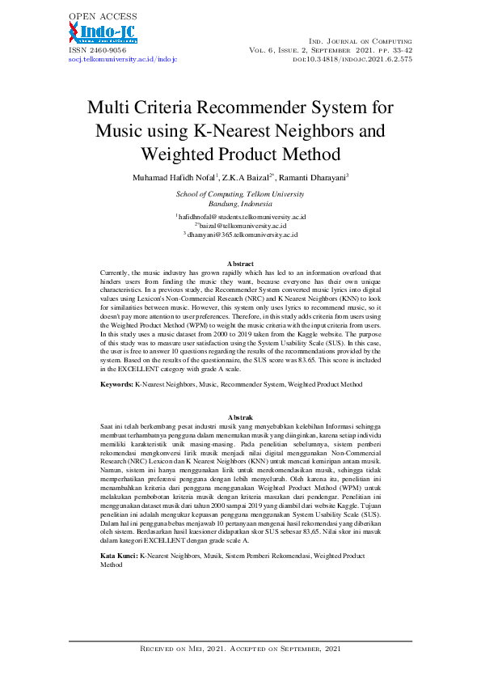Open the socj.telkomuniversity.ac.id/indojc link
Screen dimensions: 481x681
point(121,60)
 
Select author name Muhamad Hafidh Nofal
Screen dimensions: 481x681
point(168,177)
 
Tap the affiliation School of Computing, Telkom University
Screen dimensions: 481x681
point(240,194)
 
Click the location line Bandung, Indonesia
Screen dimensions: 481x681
point(240,204)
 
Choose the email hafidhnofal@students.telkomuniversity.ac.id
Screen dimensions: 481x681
point(242,218)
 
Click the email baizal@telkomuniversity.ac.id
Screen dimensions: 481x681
point(242,226)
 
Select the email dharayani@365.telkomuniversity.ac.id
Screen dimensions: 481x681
point(242,235)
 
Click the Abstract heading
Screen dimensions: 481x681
point(240,264)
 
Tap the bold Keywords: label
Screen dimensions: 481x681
point(116,385)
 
